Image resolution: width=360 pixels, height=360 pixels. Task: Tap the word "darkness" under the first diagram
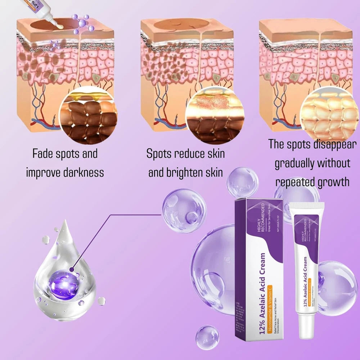pyautogui.click(x=83, y=172)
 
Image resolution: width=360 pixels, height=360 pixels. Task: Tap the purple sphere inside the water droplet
pyautogui.click(x=64, y=284)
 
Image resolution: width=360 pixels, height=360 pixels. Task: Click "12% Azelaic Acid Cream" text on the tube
pyautogui.click(x=305, y=281)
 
